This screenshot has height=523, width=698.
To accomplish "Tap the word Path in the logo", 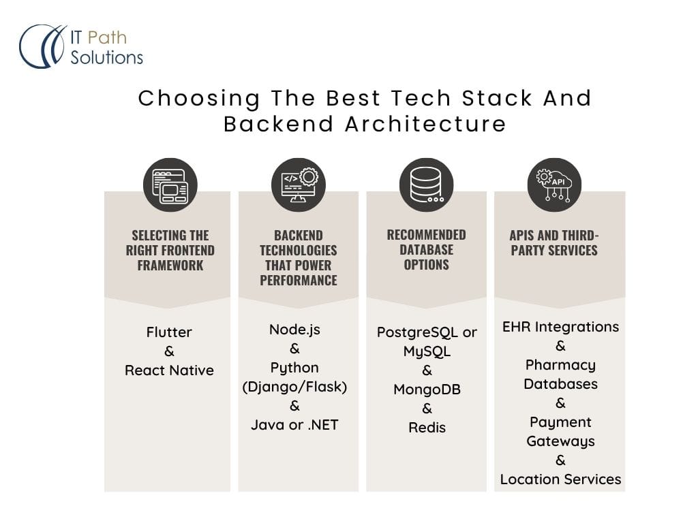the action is click(x=107, y=38).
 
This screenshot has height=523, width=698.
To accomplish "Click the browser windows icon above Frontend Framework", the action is click(x=170, y=185).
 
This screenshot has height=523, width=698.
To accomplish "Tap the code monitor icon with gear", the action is click(x=299, y=185).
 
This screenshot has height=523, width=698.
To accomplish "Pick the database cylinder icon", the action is click(x=427, y=185).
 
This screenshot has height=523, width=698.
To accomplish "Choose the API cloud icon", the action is click(x=554, y=185).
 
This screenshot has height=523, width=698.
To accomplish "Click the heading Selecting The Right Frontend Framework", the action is click(x=170, y=251).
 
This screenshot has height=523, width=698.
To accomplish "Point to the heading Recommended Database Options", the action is click(x=427, y=249).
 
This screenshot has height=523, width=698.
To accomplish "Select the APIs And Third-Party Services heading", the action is click(x=554, y=243).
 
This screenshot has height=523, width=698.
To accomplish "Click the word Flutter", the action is click(x=169, y=332).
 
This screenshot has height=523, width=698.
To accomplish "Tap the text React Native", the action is click(x=169, y=370).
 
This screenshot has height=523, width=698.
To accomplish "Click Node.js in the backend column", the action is click(x=294, y=330).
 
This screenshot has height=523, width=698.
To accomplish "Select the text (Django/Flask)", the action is click(x=294, y=387).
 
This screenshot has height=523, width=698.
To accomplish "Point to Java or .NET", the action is click(x=294, y=425).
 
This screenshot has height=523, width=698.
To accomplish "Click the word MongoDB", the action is click(x=427, y=390).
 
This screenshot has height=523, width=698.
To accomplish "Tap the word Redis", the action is click(x=427, y=428).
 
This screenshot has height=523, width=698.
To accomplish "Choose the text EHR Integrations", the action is click(x=560, y=328).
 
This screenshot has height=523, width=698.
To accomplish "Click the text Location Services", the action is click(x=560, y=479).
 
